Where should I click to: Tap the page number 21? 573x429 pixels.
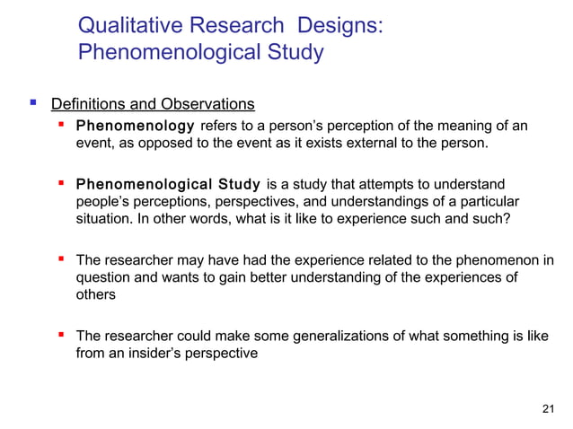click(550, 409)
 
